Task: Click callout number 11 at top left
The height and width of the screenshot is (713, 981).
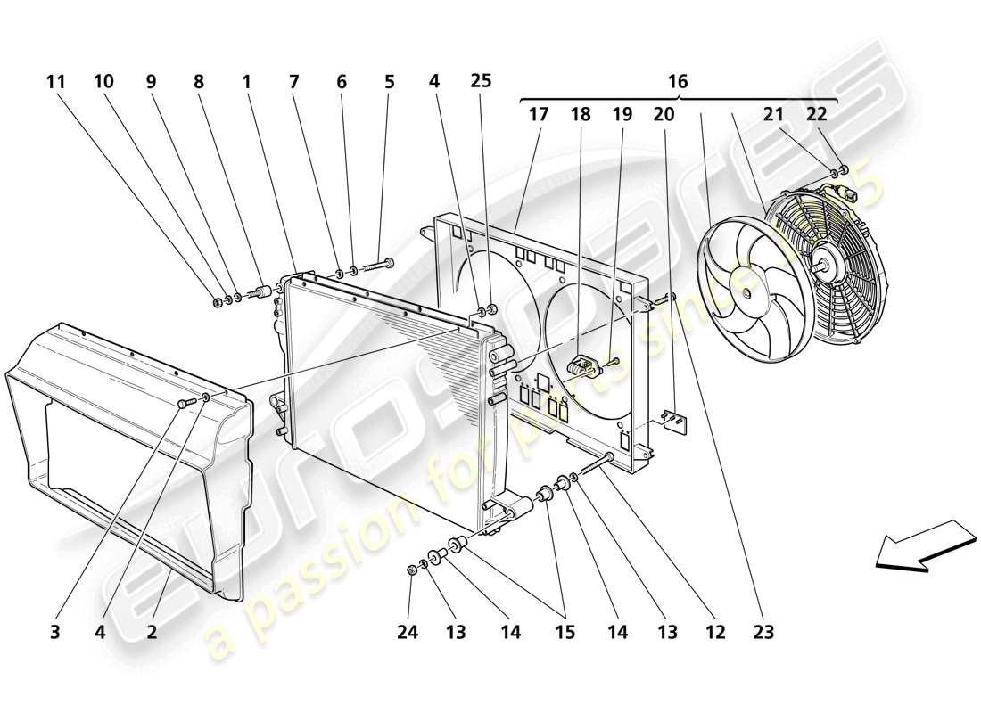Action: coord(56,82)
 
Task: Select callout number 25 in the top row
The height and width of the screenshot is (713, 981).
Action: coord(481,82)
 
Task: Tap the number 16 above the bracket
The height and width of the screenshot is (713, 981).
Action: coord(678,82)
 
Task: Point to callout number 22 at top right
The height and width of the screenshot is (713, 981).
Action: coord(817,114)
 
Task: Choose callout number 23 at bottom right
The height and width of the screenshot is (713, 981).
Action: coord(763,633)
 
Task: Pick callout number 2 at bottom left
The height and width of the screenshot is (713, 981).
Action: coord(152,633)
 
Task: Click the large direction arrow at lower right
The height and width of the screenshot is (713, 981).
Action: coord(924,543)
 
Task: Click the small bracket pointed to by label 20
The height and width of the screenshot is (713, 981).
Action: coord(677,422)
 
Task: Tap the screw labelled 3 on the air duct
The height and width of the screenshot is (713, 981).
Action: coord(185,404)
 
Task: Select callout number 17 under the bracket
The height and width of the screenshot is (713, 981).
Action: coord(539,114)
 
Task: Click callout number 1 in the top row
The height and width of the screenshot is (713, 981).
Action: coord(245,82)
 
